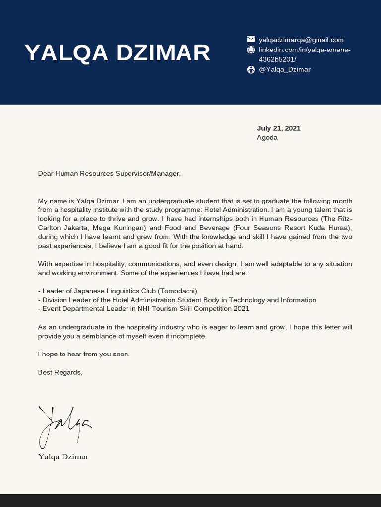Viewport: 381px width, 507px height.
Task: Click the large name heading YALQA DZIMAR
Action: click(x=118, y=53)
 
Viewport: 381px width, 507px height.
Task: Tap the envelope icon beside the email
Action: click(x=251, y=40)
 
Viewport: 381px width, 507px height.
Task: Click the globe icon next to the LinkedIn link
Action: click(x=251, y=50)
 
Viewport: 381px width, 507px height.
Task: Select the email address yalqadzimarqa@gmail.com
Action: click(x=301, y=40)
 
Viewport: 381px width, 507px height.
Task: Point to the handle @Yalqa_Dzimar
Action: click(x=285, y=69)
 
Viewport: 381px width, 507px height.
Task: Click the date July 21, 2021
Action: click(x=278, y=128)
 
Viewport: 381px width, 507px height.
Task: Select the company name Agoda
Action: click(x=267, y=137)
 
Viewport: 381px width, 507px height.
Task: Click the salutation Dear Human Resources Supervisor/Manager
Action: click(x=109, y=173)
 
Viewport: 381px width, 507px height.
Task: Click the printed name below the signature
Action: click(x=63, y=456)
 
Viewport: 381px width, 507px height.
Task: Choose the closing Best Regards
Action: click(x=60, y=372)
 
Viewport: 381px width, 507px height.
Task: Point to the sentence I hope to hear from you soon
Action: click(x=83, y=354)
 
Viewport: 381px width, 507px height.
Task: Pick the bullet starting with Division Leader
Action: click(x=177, y=300)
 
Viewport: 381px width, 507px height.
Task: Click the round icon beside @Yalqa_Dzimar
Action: click(x=251, y=69)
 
